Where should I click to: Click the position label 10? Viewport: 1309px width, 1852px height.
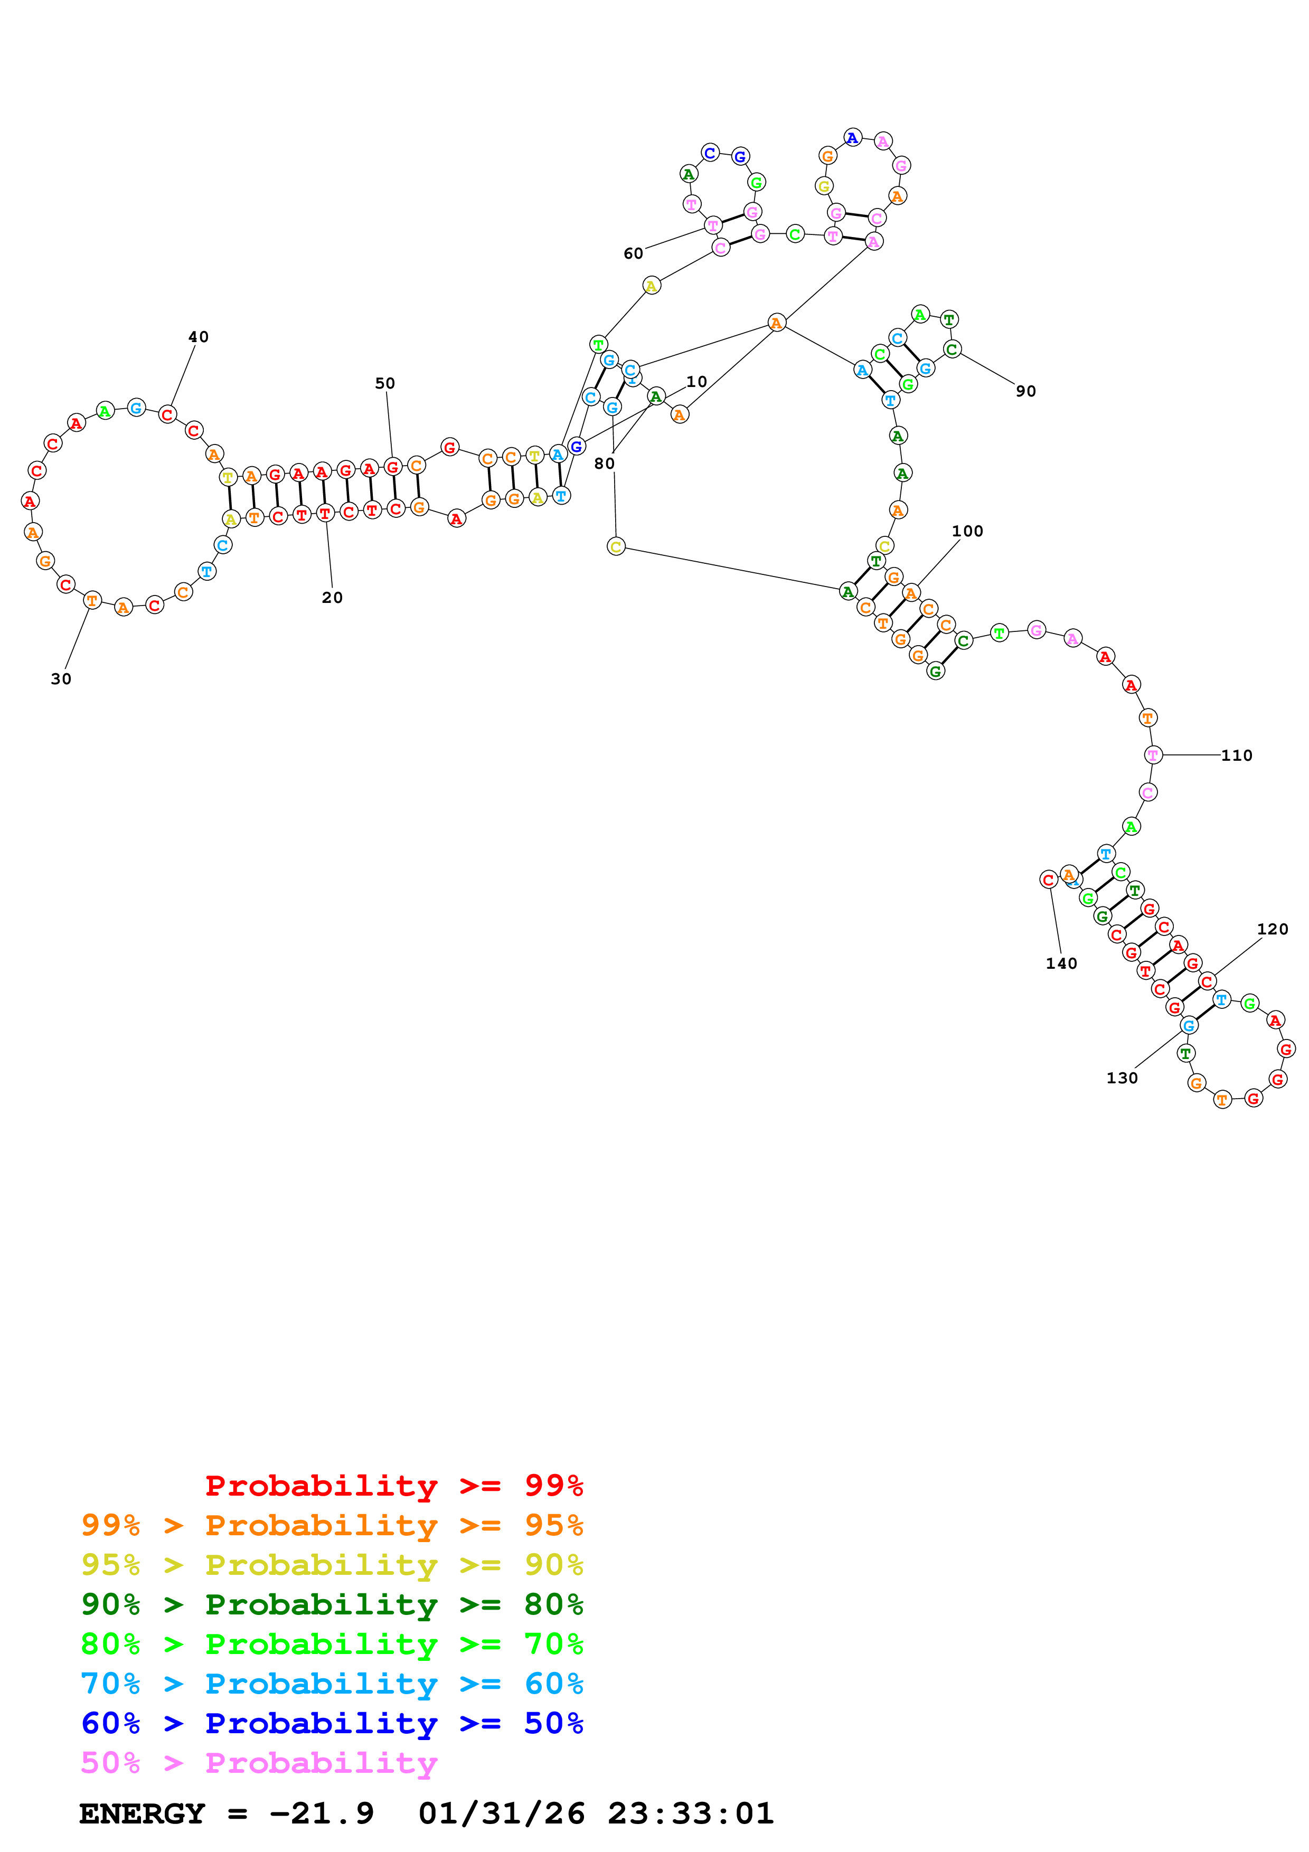point(696,382)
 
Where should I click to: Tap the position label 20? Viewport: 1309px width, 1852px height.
point(332,598)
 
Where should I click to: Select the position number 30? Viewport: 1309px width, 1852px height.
point(61,679)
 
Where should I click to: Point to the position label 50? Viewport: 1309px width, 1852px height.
point(385,383)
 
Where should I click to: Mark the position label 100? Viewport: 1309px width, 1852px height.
point(967,531)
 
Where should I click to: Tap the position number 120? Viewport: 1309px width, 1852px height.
point(1272,929)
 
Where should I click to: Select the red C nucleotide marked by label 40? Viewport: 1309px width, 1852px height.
point(167,414)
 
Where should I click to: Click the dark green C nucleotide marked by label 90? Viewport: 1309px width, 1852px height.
point(952,349)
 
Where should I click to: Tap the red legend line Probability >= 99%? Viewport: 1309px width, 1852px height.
point(393,1486)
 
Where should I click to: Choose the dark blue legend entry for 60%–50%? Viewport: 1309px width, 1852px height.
point(332,1723)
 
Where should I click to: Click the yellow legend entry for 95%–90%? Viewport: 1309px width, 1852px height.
point(332,1565)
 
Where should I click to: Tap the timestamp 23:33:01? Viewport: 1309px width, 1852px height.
point(690,1813)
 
